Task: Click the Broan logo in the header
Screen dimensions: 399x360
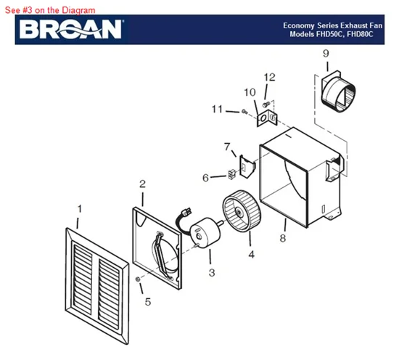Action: [x=71, y=29]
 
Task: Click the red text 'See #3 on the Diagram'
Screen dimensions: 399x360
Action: [x=50, y=10]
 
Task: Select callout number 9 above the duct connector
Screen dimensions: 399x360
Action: [x=326, y=54]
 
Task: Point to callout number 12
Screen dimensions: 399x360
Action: [x=269, y=77]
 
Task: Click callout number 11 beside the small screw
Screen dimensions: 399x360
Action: [x=217, y=109]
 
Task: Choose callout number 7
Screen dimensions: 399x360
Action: [x=227, y=147]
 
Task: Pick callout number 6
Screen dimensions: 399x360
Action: [x=205, y=178]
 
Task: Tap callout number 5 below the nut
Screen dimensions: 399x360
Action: [x=148, y=302]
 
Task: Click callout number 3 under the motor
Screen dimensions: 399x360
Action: [x=212, y=273]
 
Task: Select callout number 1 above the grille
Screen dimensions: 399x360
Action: [x=80, y=209]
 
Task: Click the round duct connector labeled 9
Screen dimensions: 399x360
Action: [x=339, y=91]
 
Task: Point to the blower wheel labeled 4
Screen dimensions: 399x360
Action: [x=242, y=211]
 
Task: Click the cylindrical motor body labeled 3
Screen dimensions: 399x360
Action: [x=205, y=232]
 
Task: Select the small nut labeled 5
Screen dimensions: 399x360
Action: [x=138, y=279]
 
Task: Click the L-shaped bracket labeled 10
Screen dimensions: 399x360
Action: [x=267, y=118]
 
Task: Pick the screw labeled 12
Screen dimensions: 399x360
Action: [x=266, y=104]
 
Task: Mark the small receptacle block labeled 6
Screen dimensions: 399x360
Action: [x=231, y=174]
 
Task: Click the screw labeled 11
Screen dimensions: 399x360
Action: [x=244, y=111]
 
